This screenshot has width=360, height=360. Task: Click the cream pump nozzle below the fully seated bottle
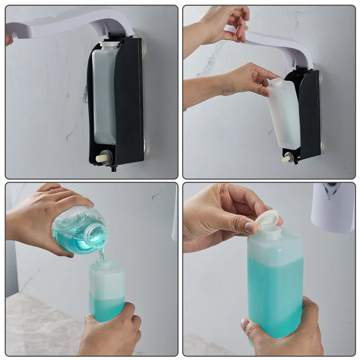coord(101,158)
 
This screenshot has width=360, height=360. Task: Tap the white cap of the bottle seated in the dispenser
coord(109,45)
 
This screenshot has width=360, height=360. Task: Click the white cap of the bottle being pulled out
coord(276,82)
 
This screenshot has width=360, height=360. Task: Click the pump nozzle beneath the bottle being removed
coord(287,158)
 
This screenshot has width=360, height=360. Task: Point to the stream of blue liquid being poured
coord(102,254)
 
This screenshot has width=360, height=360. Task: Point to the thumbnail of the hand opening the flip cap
coord(249,227)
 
